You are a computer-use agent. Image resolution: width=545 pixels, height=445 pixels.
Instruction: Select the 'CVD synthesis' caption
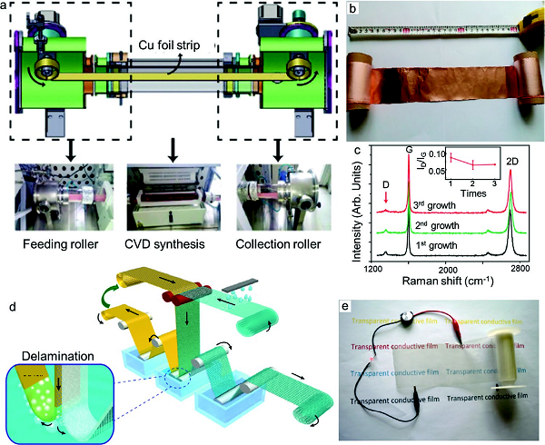[x=171, y=222]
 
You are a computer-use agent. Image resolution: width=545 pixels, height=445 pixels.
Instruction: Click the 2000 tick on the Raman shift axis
[x=446, y=270]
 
